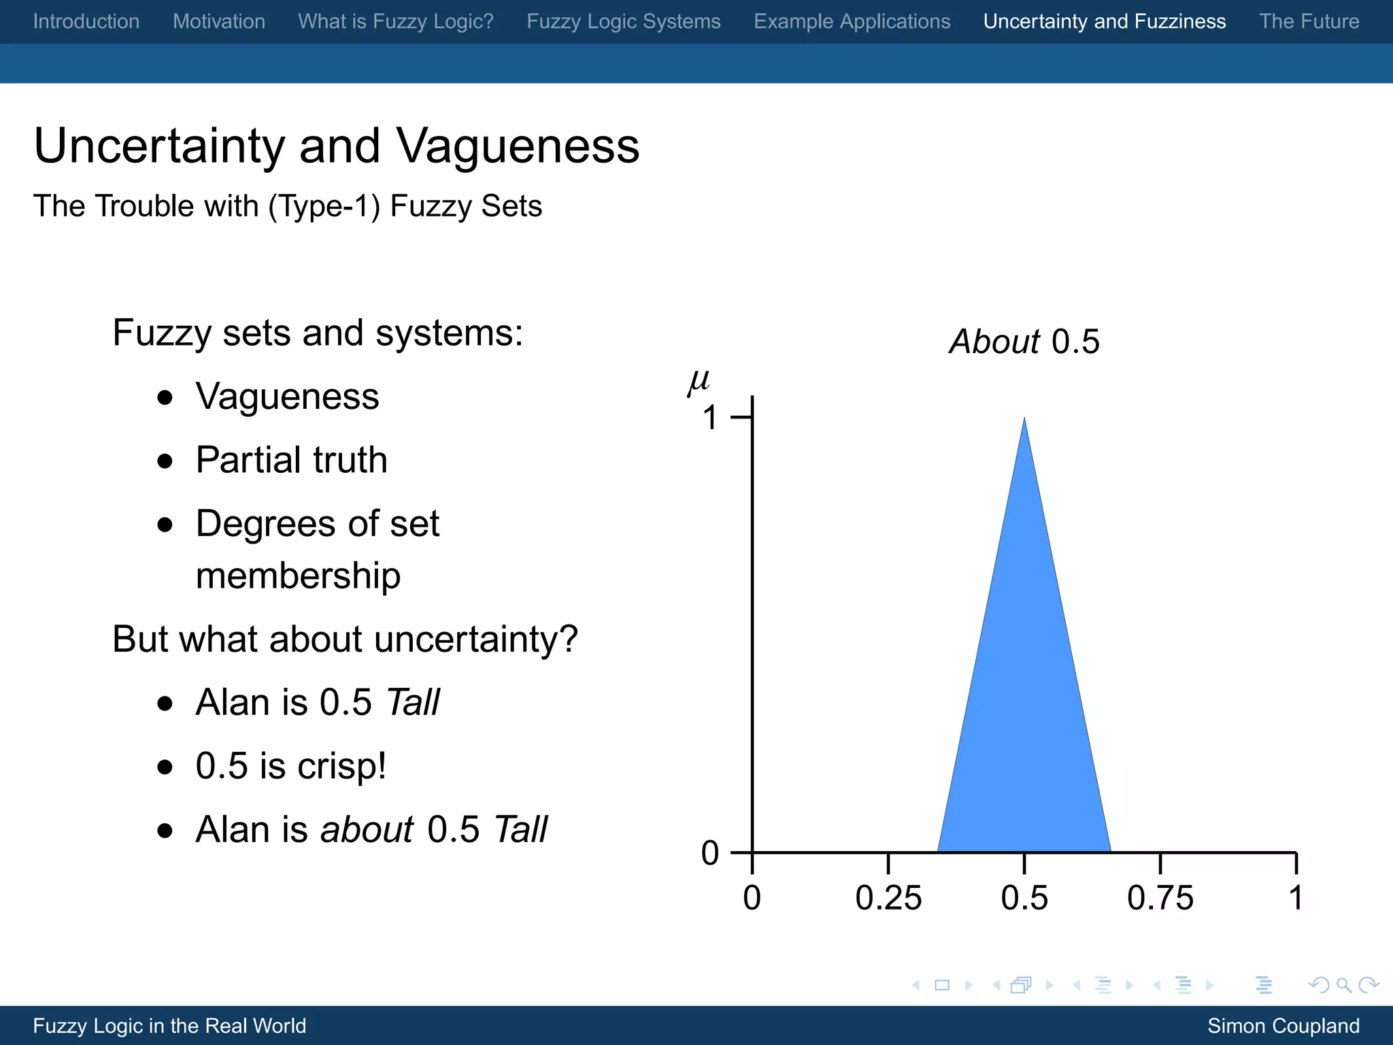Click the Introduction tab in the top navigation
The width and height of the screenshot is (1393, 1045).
(x=86, y=22)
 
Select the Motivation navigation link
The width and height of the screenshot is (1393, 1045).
(x=219, y=22)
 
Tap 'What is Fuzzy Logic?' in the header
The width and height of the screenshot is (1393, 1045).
(x=396, y=22)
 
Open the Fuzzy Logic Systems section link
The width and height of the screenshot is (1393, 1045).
(x=624, y=22)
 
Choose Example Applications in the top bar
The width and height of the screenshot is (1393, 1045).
(x=852, y=22)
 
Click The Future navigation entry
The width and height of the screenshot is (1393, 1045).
(x=1309, y=22)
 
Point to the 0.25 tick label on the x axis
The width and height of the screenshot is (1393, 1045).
(x=888, y=898)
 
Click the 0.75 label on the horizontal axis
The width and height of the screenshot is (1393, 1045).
(x=1160, y=898)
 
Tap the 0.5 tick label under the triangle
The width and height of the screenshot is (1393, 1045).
(x=1024, y=898)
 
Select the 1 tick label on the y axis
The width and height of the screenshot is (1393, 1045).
(x=710, y=418)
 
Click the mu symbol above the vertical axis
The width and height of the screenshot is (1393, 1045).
(x=699, y=382)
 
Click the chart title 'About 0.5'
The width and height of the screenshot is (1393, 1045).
(x=1024, y=342)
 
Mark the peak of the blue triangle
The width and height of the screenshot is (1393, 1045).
(x=1024, y=419)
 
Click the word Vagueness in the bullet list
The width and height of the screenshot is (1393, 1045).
(x=287, y=397)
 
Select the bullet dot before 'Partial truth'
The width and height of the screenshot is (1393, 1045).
(x=165, y=461)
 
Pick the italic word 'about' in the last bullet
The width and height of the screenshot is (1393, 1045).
(x=367, y=830)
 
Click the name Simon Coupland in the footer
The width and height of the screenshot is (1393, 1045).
(x=1283, y=1026)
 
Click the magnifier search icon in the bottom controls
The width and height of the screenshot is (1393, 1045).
(x=1343, y=985)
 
